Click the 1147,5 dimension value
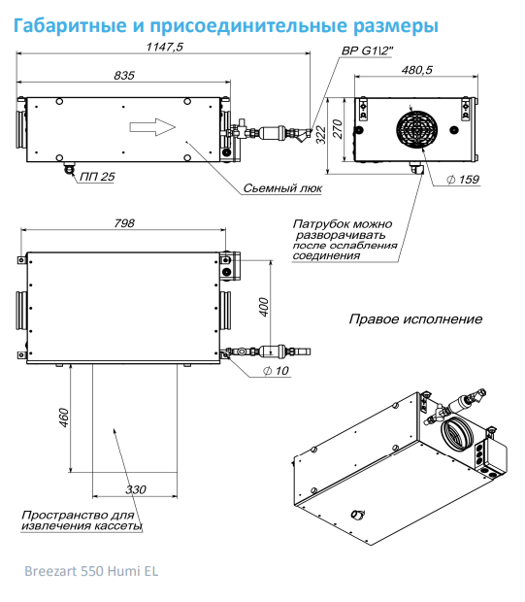165,47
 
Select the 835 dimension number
124,76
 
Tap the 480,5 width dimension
416,70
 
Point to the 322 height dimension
321,135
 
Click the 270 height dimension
338,129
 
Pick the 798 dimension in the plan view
124,223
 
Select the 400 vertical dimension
264,307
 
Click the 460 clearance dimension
63,418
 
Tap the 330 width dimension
136,489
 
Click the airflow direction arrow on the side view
152,127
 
